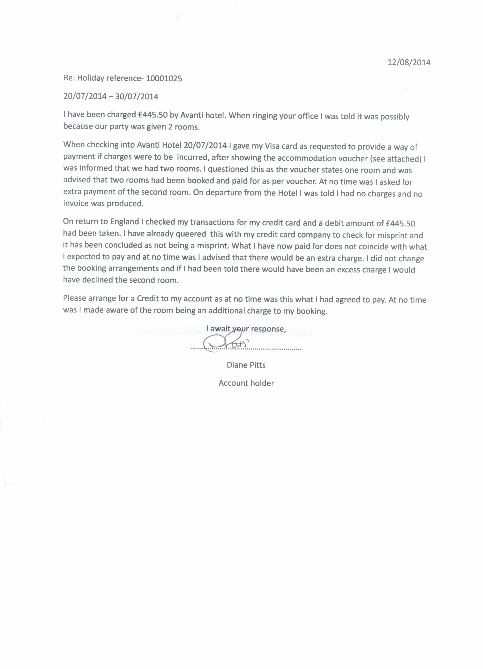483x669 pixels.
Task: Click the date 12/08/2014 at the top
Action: click(409, 62)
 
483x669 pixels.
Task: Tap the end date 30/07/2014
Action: click(137, 97)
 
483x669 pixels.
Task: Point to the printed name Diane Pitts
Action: click(246, 365)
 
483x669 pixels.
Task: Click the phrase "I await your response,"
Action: click(246, 329)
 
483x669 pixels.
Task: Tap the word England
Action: click(124, 222)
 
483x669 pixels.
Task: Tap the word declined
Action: click(98, 280)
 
